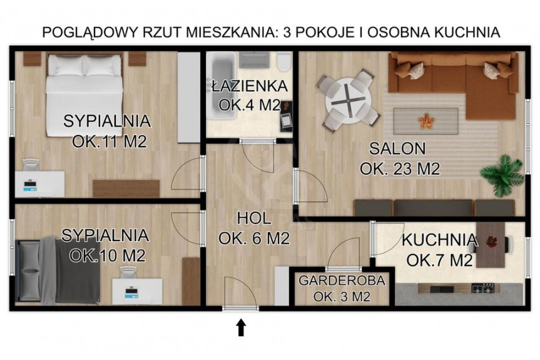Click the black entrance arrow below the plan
pyautogui.click(x=241, y=327)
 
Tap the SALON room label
pyautogui.click(x=397, y=148)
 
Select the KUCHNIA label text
pyautogui.click(x=439, y=240)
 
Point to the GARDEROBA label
pyautogui.click(x=342, y=280)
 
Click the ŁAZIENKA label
pyautogui.click(x=250, y=86)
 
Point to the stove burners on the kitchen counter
pyautogui.click(x=483, y=288)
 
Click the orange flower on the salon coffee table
pyautogui.click(x=426, y=121)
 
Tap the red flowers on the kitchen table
pyautogui.click(x=491, y=242)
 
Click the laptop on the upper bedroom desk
pyautogui.click(x=32, y=185)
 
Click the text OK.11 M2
pyautogui.click(x=110, y=142)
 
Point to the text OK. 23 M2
pyautogui.click(x=400, y=169)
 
